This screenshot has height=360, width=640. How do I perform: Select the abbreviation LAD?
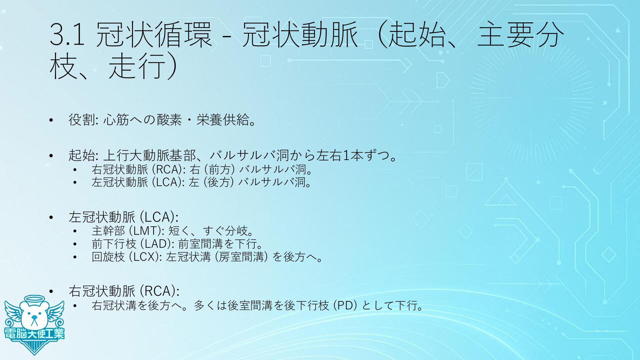(156, 244)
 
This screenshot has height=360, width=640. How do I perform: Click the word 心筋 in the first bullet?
(116, 120)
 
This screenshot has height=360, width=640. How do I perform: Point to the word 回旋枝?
(108, 257)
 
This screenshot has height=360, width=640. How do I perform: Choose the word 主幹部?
(108, 231)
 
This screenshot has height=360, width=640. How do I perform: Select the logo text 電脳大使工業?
(34, 333)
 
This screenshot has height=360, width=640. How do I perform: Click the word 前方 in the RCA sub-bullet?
(220, 170)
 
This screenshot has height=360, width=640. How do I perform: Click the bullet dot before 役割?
(51, 120)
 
